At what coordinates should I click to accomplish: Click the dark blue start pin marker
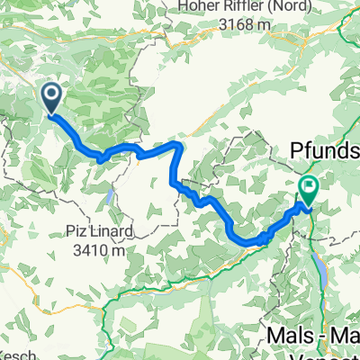pos(51,98)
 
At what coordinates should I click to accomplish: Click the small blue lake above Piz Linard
pos(109,197)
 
